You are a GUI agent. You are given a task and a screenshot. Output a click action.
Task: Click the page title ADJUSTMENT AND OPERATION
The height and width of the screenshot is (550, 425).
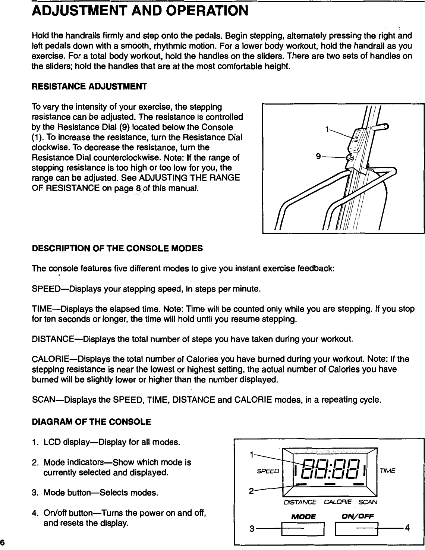point(140,10)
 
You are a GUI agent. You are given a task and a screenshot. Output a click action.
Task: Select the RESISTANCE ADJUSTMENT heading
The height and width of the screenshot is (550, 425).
point(89,87)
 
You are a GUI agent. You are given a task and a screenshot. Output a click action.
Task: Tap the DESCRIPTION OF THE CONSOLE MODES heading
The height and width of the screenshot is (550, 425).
point(117,248)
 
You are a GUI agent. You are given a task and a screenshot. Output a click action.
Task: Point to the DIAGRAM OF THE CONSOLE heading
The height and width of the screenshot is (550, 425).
point(91,422)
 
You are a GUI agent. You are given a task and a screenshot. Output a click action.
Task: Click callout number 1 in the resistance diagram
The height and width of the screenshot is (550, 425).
point(327,130)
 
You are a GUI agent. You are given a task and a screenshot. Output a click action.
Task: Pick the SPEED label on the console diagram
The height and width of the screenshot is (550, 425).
point(268,471)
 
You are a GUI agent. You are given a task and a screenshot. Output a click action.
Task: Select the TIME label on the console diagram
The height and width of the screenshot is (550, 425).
point(387,471)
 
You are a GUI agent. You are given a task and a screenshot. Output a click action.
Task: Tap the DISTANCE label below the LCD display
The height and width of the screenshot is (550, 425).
point(300,502)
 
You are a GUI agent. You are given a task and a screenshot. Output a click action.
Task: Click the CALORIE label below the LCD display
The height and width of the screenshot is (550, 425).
point(338,502)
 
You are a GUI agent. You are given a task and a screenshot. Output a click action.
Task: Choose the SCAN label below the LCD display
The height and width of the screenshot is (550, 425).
point(368,502)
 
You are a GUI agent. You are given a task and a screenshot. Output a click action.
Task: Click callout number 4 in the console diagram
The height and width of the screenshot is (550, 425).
point(407,528)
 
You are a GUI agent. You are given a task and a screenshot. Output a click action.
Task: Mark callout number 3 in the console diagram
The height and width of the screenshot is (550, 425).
point(252,529)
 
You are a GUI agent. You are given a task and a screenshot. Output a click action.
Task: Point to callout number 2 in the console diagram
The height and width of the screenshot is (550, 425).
point(252,490)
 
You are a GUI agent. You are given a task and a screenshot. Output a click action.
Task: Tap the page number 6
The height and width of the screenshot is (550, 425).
point(3,542)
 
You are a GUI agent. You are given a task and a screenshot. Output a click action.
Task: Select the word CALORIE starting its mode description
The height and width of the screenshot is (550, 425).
point(48,359)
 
